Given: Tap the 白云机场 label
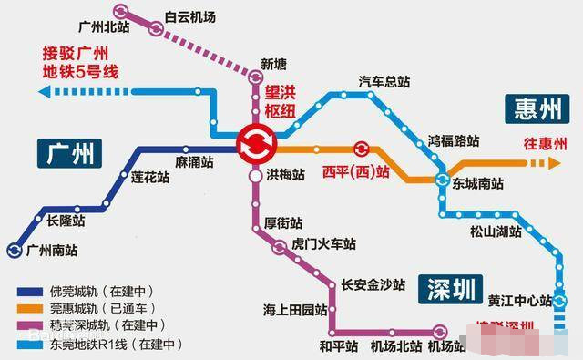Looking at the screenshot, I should (x=193, y=16).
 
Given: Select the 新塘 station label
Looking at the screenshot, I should (x=273, y=63).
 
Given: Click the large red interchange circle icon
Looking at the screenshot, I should (x=252, y=144).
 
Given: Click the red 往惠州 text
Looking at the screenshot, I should (x=545, y=144).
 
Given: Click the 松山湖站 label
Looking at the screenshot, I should (x=496, y=231).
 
